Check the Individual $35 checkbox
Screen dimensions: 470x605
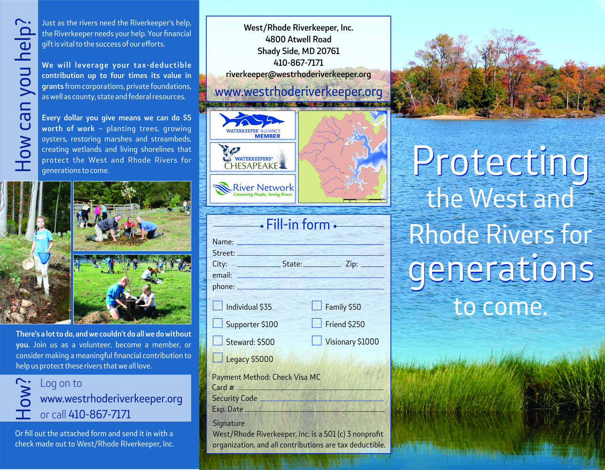coord(217,306)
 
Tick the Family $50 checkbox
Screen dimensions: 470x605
coord(317,306)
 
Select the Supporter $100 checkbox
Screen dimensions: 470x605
coord(217,323)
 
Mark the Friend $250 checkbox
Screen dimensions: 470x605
coord(317,323)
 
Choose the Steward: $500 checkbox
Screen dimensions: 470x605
coord(217,341)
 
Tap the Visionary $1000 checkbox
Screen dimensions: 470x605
coord(317,341)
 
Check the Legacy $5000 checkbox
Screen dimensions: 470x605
coord(217,358)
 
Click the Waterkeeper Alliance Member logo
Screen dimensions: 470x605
coord(253,125)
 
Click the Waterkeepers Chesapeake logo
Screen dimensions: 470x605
coord(253,157)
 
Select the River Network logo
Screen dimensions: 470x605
coord(253,189)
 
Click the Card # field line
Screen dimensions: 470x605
coord(310,389)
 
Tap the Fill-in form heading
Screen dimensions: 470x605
coord(298,225)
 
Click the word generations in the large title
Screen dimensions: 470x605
coord(501,269)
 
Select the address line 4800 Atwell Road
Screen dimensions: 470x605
coord(298,39)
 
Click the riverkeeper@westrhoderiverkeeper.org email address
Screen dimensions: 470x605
coord(298,74)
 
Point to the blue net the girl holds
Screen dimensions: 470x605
coord(43,258)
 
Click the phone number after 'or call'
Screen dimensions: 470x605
coord(100,415)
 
